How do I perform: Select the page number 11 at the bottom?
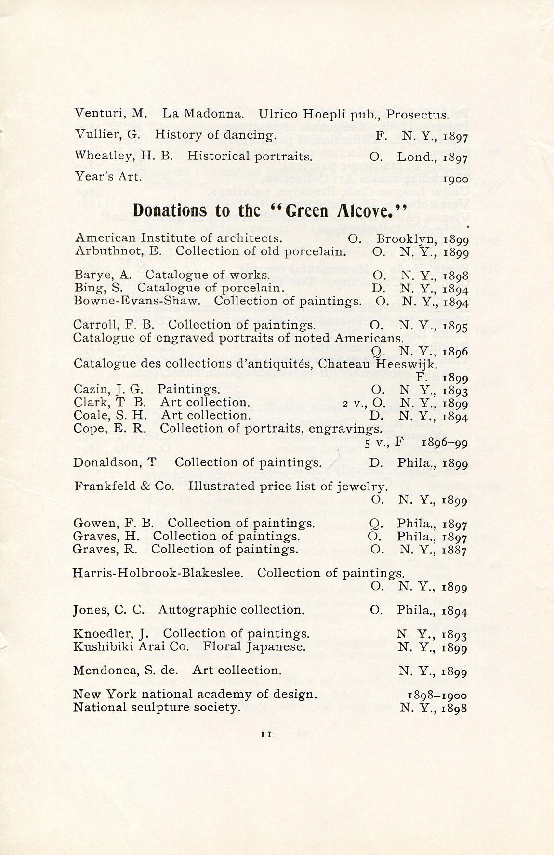pos(266,748)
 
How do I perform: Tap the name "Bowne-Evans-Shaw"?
pos(137,301)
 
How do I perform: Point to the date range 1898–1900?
pos(437,696)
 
